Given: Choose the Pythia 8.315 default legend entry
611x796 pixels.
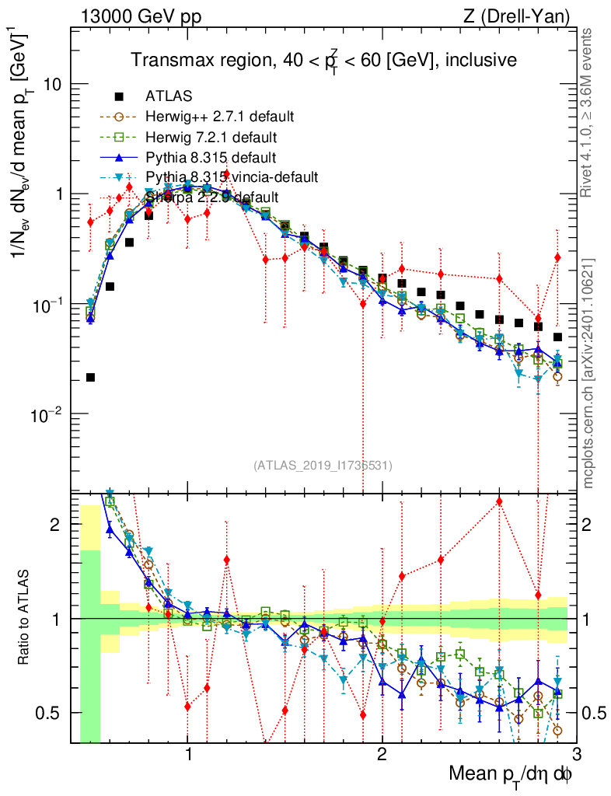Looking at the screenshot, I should pos(211,158).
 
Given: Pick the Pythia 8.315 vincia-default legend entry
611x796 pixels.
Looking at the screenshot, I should pos(232,177).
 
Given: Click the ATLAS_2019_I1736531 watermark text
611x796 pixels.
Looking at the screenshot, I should pos(323,466).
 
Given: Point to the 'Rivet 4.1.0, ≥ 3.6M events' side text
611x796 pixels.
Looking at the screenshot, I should pos(588,113).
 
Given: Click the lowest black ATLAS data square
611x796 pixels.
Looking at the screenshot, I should pos(90,378).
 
